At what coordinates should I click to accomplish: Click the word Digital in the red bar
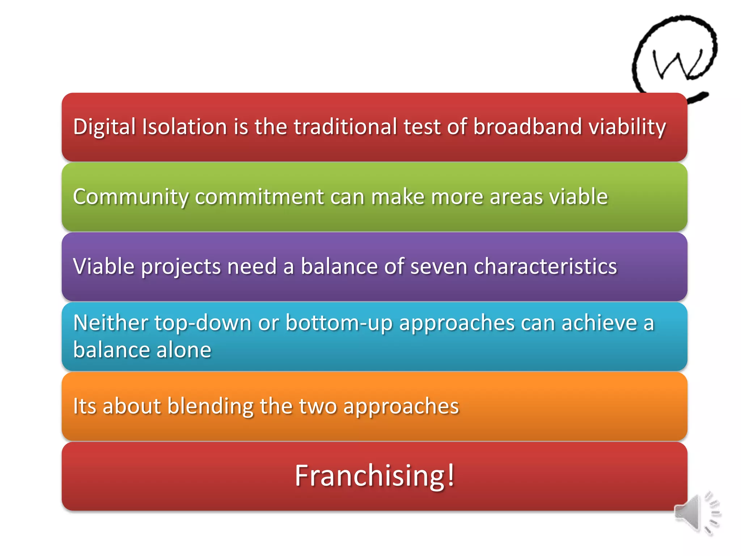coord(104,127)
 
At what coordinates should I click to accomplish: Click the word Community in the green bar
coord(131,197)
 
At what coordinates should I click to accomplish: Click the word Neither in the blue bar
coord(111,323)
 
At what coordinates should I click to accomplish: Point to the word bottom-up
coord(339,323)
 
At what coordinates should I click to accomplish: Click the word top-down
coord(203,323)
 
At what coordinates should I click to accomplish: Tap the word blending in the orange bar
coord(210,406)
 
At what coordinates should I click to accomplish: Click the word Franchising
coord(369,476)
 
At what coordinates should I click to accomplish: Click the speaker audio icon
coord(696,513)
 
